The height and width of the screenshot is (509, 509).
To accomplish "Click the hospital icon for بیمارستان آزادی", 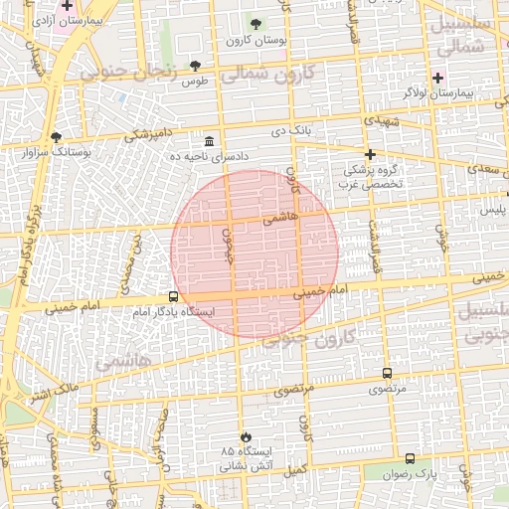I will [67, 6].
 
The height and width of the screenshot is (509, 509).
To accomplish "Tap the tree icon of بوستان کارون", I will [256, 24].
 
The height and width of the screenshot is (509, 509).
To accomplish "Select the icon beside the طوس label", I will [195, 67].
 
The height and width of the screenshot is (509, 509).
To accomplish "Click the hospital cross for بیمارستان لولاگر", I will [437, 77].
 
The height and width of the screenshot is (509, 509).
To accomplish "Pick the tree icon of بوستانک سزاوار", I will [56, 137].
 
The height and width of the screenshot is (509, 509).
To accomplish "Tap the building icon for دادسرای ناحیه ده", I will [209, 141].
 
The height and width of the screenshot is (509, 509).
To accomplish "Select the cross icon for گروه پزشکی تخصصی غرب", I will [370, 154].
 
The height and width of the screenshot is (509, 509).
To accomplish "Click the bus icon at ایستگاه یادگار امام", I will [174, 296].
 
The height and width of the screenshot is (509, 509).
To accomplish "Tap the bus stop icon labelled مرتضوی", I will [387, 374].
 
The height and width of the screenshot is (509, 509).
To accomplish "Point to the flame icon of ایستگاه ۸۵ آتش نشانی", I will [245, 436].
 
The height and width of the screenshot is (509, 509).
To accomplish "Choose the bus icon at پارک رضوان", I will [411, 458].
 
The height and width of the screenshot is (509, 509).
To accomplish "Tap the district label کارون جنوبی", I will [309, 339].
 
